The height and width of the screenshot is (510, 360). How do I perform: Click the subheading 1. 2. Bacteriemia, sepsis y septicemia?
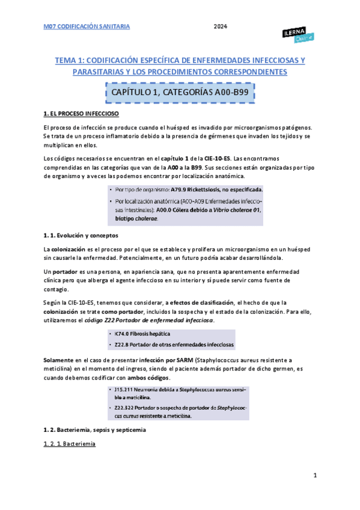(x=94, y=430)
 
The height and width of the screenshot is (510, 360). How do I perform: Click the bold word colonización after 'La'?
(x=68, y=248)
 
